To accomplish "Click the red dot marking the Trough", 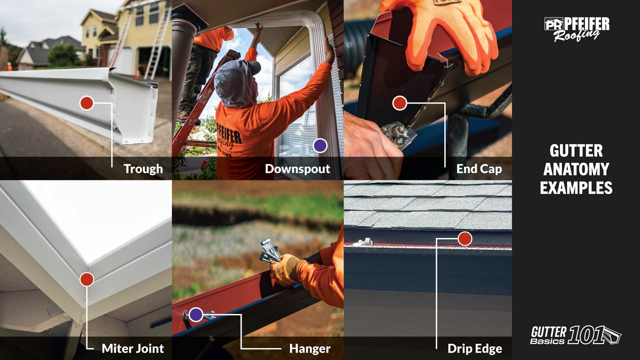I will [86, 103].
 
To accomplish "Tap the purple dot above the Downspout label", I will [320, 146].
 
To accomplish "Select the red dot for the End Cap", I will [399, 103].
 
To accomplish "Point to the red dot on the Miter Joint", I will [87, 279].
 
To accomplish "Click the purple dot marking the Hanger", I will [196, 314].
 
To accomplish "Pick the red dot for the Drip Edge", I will [465, 239].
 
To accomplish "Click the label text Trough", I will [143, 169].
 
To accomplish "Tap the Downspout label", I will [297, 169].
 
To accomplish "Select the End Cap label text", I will [479, 169].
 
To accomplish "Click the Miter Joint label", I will [133, 349].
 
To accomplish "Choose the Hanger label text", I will [310, 349].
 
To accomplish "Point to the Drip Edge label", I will [475, 349].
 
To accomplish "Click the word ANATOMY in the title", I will [576, 169].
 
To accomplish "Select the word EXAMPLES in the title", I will [576, 188].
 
